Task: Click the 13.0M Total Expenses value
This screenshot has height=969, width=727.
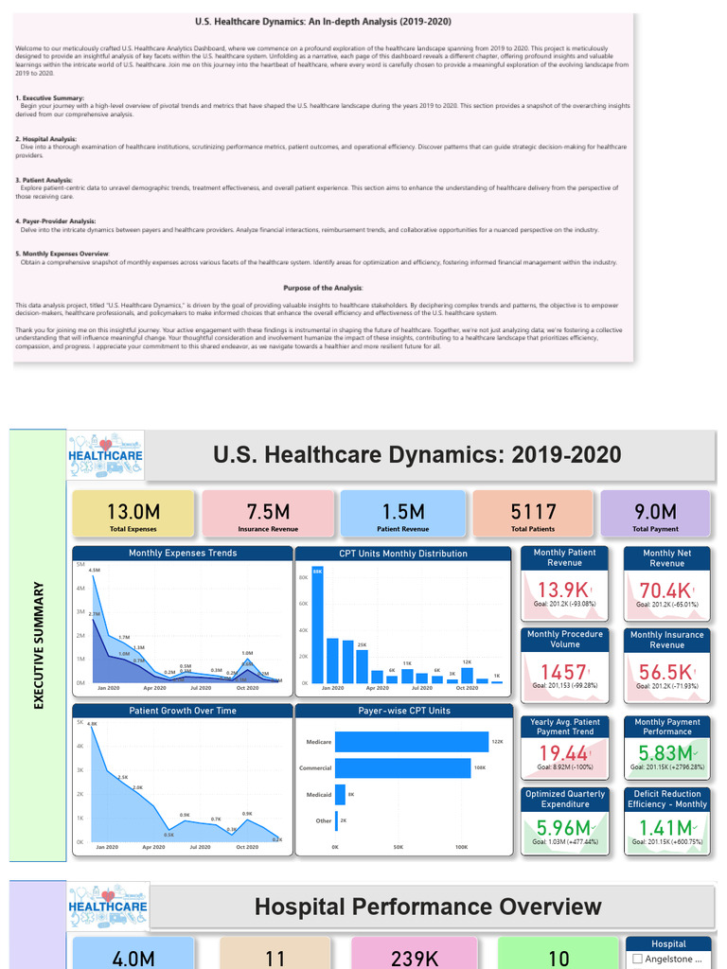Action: [x=133, y=512]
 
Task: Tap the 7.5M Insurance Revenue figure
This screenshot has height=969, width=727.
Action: [x=268, y=512]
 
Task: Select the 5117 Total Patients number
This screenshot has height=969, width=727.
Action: [x=533, y=512]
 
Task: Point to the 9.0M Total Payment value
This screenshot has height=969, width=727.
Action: [x=655, y=512]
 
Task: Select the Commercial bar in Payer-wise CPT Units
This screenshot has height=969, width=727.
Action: [x=402, y=768]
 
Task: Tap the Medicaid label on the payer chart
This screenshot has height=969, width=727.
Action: [x=319, y=795]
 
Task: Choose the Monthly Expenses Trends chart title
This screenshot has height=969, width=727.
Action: [x=183, y=553]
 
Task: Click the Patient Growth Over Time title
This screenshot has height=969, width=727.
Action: [x=183, y=711]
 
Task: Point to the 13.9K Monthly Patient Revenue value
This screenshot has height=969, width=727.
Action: [x=562, y=590]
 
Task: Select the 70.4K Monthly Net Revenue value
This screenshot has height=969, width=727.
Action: [x=665, y=590]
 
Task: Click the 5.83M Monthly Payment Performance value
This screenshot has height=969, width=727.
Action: [x=665, y=753]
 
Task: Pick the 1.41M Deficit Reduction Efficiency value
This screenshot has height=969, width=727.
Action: [x=665, y=830]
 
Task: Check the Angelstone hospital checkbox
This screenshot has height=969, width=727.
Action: [x=637, y=959]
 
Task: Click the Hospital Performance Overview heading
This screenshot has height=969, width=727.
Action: [x=428, y=907]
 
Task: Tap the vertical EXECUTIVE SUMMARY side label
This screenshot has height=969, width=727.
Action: [x=39, y=645]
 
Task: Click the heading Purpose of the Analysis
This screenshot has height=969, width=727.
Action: [x=323, y=288]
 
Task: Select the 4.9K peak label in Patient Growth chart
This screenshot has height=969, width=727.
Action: [x=93, y=724]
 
